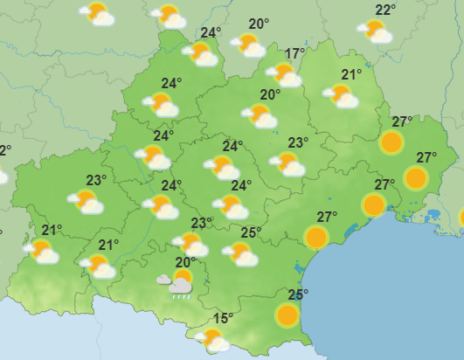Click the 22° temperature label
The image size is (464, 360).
click(385, 10)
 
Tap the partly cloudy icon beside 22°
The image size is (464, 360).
click(376, 32)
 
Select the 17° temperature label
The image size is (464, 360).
click(294, 54)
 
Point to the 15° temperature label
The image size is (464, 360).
click(224, 319)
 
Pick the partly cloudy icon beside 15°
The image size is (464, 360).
click(212, 339)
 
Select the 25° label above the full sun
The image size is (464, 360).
click(298, 294)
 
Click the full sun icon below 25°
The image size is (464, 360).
click(287, 315)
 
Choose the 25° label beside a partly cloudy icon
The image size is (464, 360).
click(252, 232)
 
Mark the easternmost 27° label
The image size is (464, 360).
click(426, 158)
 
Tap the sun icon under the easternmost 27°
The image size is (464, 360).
click(416, 179)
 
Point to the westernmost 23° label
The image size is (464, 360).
click(96, 181)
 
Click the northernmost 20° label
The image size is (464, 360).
click(258, 24)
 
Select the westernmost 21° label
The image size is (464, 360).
click(52, 231)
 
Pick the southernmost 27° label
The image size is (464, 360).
click(327, 217)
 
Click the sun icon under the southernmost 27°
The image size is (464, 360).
click(316, 237)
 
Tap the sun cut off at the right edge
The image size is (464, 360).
click(461, 217)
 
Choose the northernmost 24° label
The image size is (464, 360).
click(211, 33)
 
